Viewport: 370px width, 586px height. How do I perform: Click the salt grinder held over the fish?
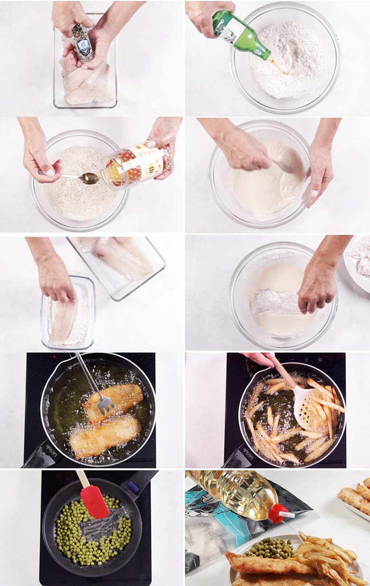click(x=83, y=43)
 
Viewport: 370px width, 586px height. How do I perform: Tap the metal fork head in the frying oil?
click(x=105, y=403)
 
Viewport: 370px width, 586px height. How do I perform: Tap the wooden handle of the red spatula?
click(x=83, y=478)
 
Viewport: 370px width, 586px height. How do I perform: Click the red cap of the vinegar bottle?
click(x=278, y=513)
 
